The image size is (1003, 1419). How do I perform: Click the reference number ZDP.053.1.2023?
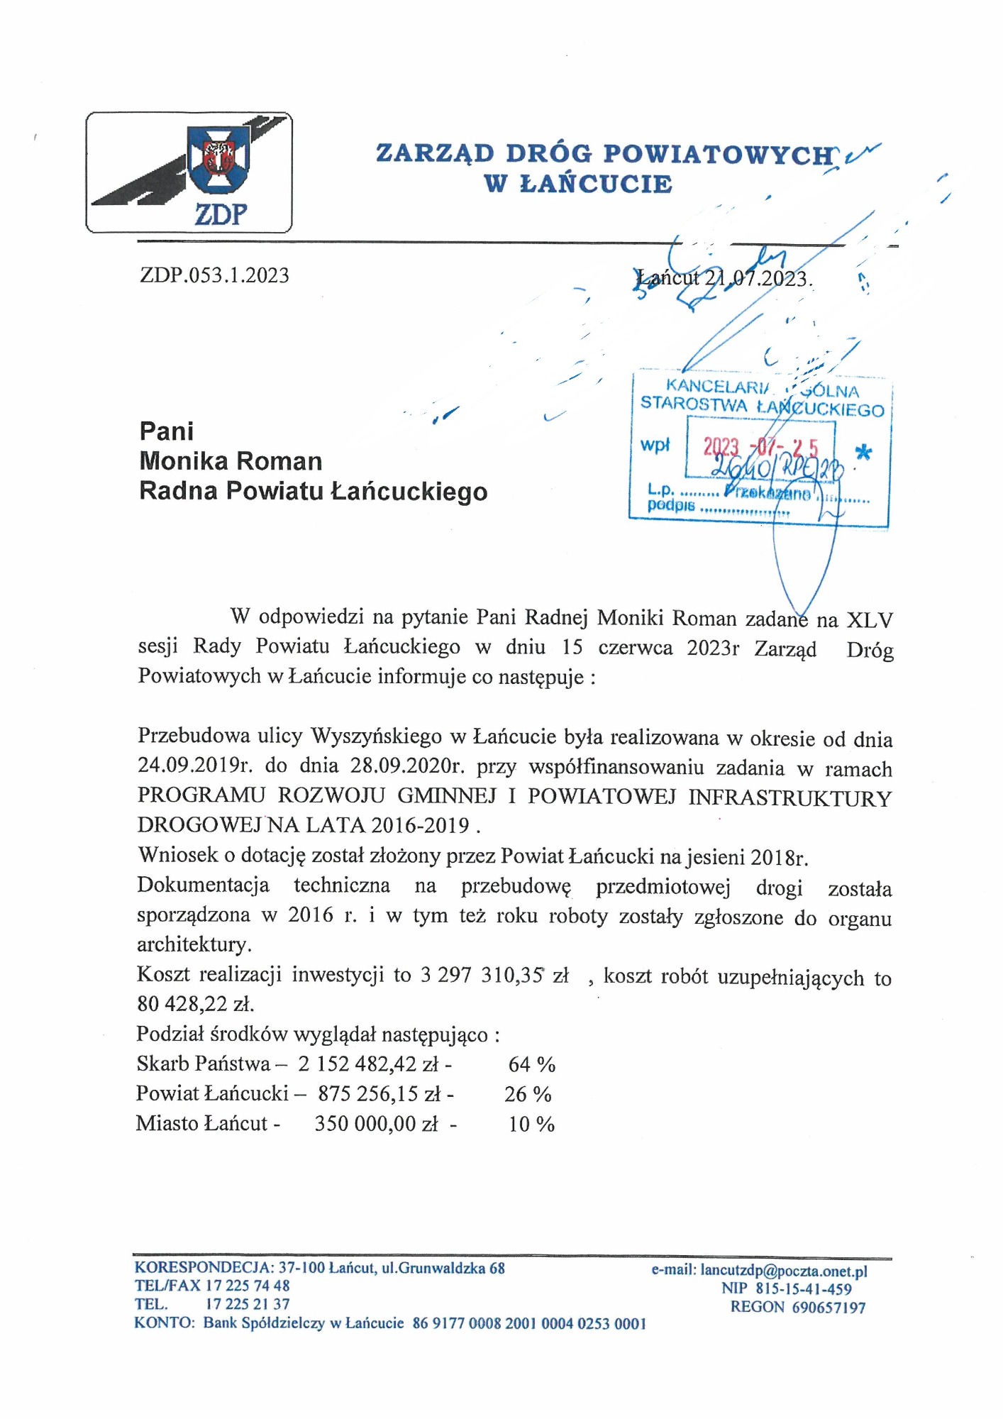pos(214,275)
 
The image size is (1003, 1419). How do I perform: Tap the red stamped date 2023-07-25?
pos(760,447)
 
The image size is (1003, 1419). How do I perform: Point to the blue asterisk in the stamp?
pos(863,453)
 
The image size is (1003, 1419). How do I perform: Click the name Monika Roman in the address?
pos(231,461)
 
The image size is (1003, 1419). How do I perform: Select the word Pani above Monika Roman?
pos(167,431)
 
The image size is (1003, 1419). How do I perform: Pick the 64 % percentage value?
pos(531,1064)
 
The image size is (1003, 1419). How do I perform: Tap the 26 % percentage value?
pos(528,1094)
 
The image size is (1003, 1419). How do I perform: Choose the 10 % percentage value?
pos(531,1124)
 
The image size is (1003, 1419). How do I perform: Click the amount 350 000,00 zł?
pos(376,1124)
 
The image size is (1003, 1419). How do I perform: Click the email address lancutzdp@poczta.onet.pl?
pos(783,1270)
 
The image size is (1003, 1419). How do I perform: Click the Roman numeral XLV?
pos(870,619)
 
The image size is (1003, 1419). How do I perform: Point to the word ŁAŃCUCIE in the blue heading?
pos(596,184)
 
